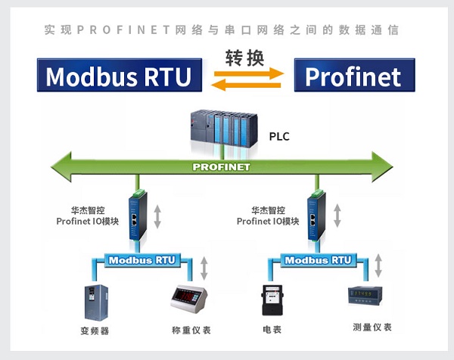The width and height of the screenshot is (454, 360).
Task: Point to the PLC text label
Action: coord(279,137)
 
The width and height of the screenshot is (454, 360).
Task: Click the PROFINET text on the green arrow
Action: coord(221,166)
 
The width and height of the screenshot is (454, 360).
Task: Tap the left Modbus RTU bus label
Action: coord(141,259)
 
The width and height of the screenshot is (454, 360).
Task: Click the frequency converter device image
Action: coord(94,302)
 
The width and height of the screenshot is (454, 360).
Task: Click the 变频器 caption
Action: coord(95,331)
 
